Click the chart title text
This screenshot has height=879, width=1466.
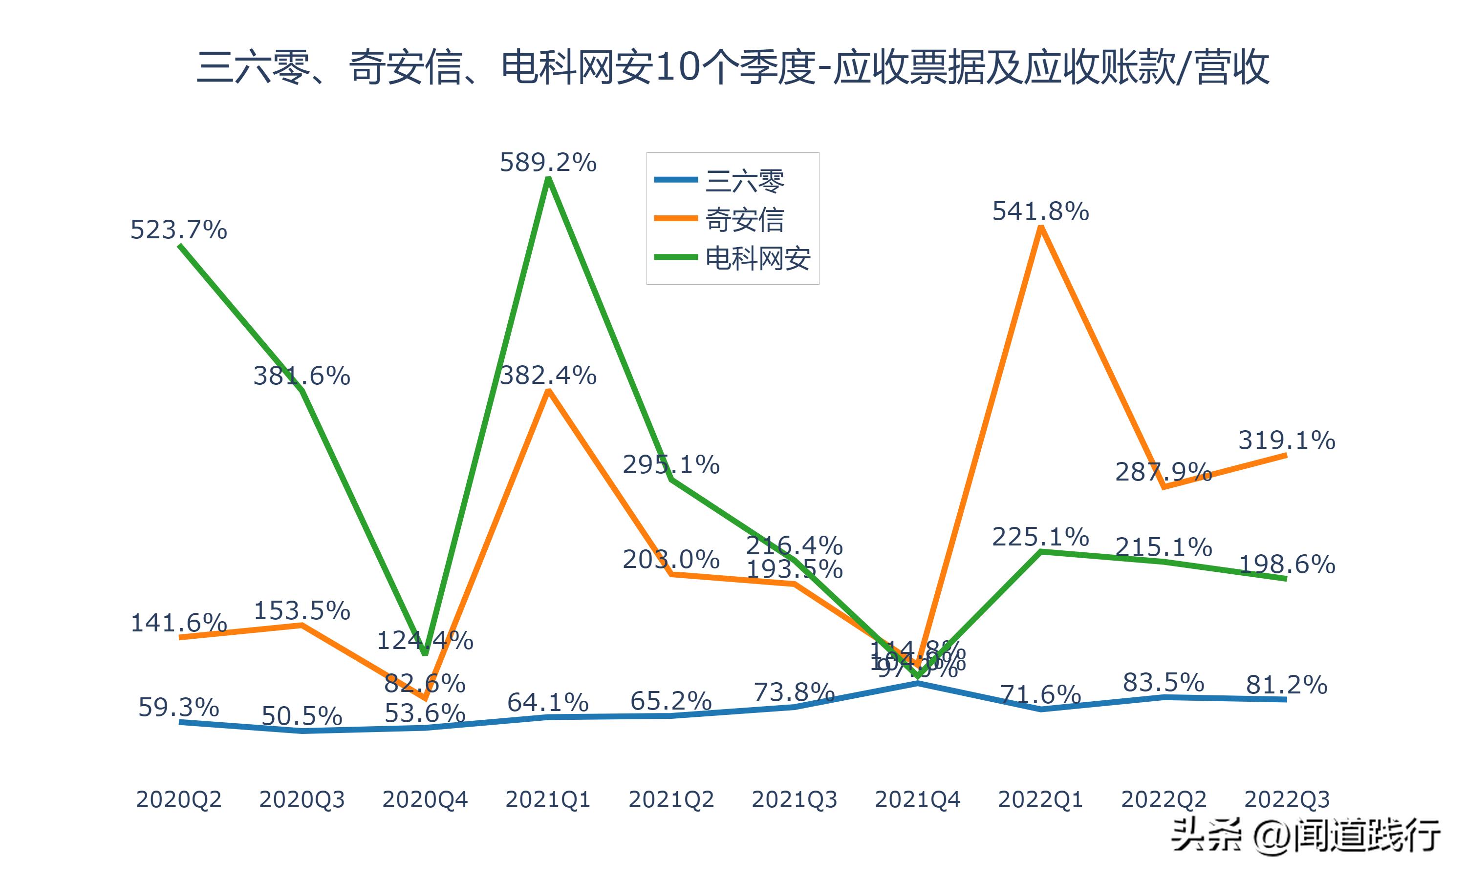733,67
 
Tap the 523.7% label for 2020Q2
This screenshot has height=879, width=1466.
178,230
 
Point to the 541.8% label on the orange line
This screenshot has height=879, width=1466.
1040,211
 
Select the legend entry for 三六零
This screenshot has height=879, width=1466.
744,181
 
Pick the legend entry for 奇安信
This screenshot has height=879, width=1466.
744,219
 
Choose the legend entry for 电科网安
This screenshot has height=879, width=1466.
757,258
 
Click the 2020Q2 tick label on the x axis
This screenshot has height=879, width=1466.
178,799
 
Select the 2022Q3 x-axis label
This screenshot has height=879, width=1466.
1287,799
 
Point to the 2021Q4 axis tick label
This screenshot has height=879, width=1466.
917,799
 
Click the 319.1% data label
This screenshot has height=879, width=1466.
1287,440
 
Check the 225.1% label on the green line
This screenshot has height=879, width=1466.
1040,537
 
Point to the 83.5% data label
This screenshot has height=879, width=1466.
1163,683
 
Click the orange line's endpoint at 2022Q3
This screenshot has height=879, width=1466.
1285,455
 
